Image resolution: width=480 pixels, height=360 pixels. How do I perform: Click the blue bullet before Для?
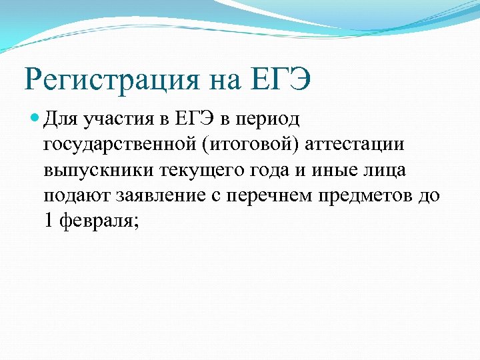[x=34, y=119]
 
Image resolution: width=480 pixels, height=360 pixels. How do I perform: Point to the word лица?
[x=385, y=171]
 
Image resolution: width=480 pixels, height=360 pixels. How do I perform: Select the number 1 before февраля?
[x=47, y=221]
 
